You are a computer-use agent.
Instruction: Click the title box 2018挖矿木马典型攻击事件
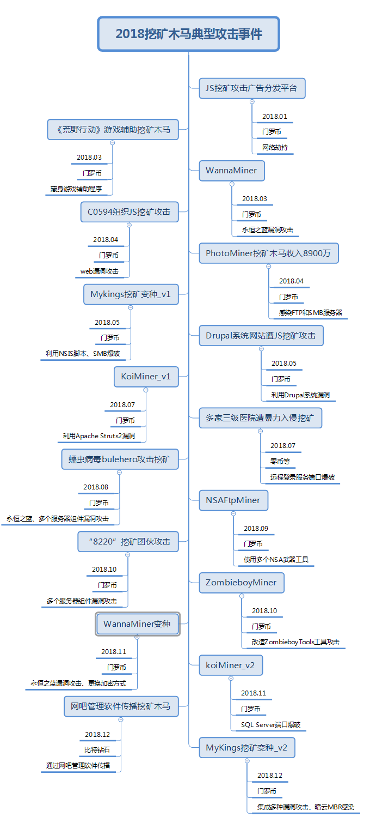pos(188,34)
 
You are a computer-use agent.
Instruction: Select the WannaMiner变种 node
pos(138,624)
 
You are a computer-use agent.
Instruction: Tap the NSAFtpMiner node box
pos(233,500)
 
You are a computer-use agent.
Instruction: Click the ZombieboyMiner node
pos(241,583)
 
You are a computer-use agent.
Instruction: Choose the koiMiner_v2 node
pos(231,665)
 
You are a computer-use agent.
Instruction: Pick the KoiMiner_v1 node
pos(146,377)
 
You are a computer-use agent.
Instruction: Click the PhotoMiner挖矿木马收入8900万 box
pos(269,253)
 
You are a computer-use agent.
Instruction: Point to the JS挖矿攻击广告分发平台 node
pos(252,88)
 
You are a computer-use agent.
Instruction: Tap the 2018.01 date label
pos(275,117)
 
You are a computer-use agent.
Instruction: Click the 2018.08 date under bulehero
pos(96,487)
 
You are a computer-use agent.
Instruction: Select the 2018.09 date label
pos(256,528)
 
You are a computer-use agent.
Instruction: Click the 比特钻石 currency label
pos(97,750)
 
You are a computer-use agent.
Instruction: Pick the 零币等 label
pos(280,462)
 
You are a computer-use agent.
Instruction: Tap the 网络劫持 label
pos(275,148)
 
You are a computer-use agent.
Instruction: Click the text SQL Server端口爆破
pos(270,725)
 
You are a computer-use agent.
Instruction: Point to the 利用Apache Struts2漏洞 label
pos(99,436)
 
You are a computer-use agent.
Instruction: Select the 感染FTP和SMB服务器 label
pos(311,313)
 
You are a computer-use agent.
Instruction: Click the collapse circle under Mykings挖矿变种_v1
pos(131,307)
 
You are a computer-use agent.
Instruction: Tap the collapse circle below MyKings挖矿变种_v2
pos(247,761)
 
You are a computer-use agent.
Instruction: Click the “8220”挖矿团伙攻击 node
pos(128,542)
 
